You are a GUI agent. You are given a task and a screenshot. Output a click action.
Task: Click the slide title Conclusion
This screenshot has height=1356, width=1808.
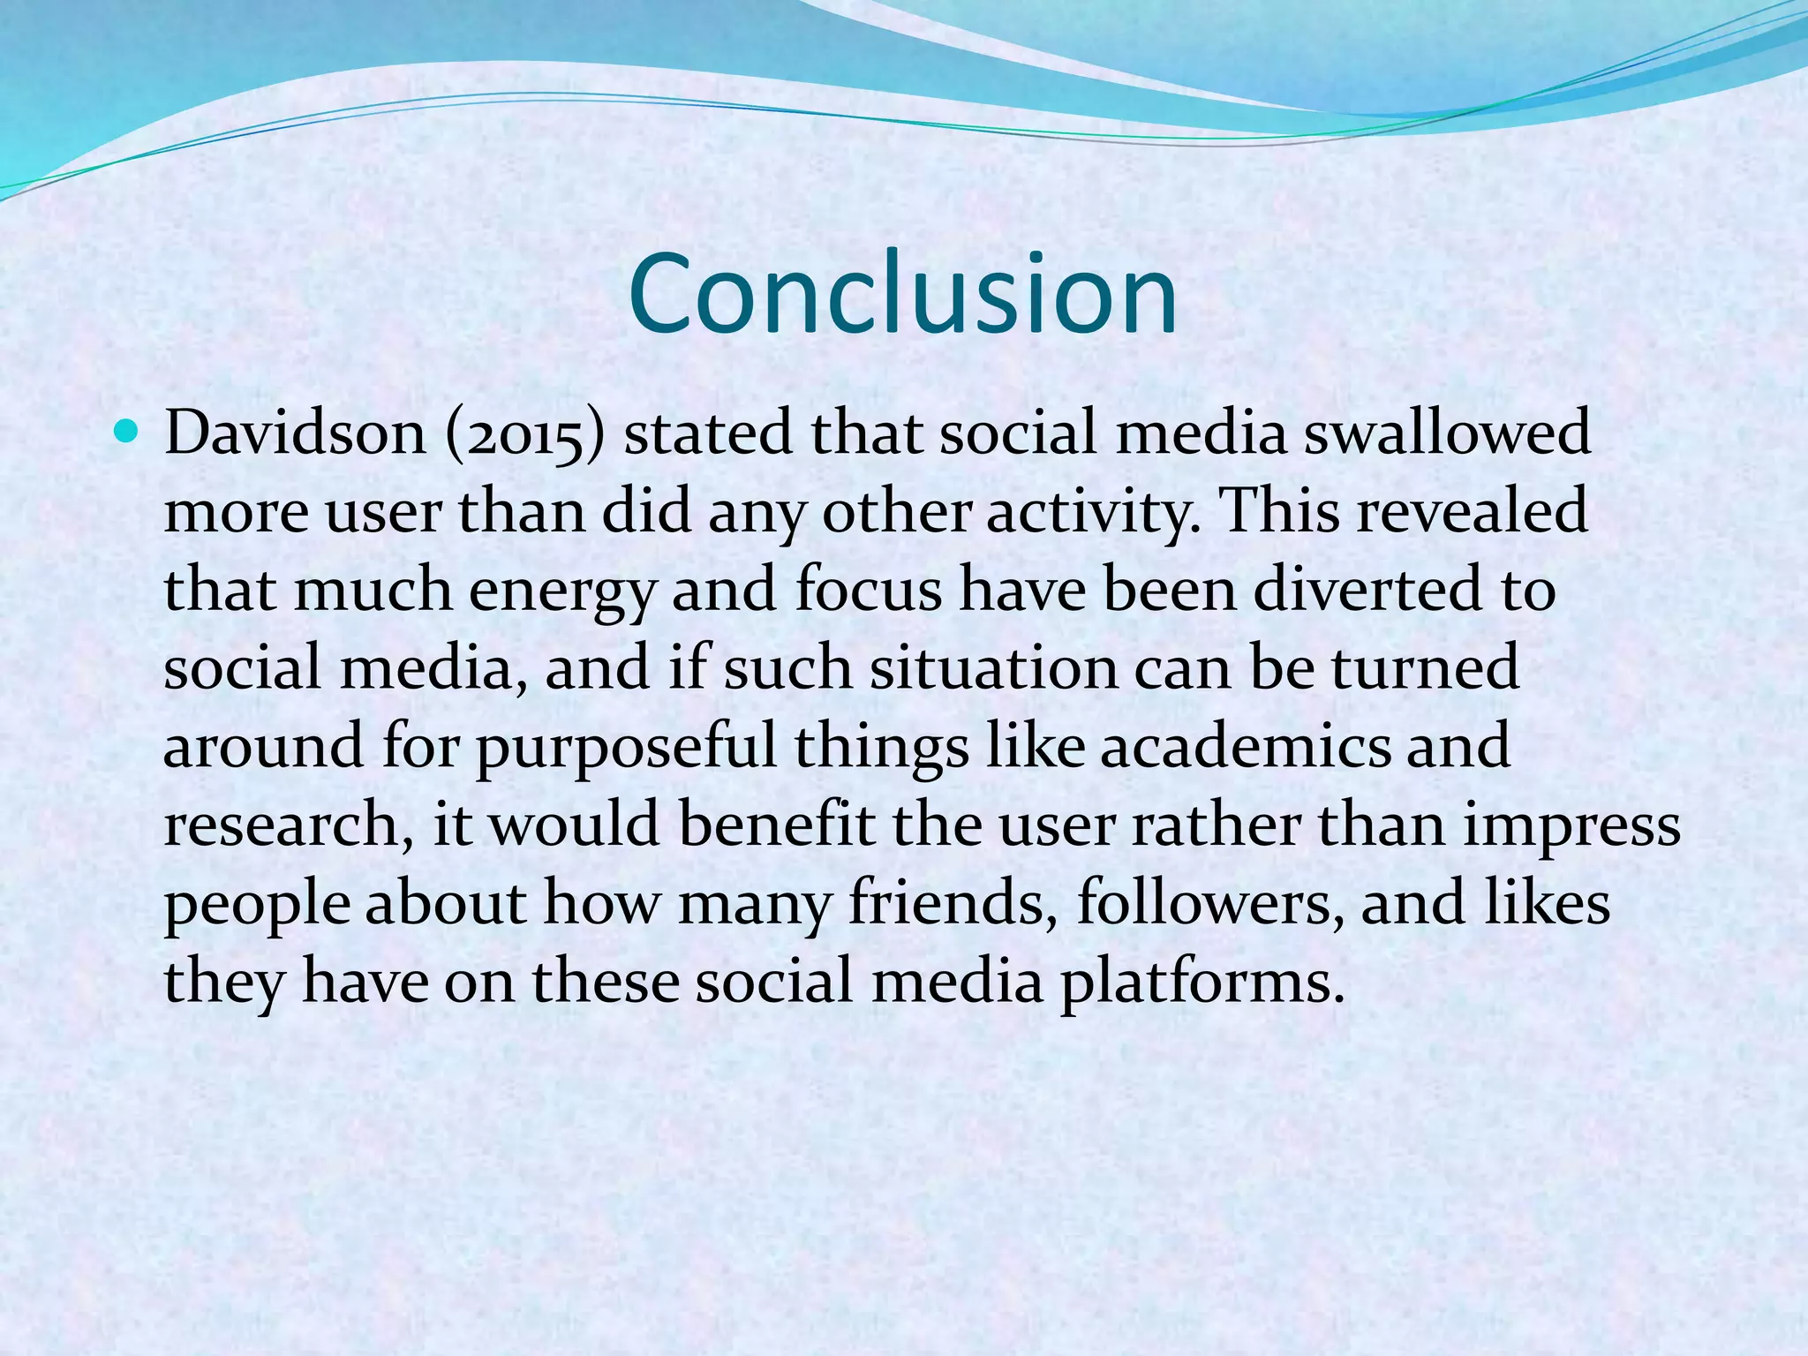pyautogui.click(x=902, y=294)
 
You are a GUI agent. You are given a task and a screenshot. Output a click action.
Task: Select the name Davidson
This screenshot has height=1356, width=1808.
pyautogui.click(x=295, y=433)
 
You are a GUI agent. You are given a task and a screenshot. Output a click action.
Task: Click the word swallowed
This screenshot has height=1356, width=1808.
pyautogui.click(x=1448, y=433)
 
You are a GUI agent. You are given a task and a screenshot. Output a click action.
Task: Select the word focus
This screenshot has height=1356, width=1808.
pyautogui.click(x=869, y=590)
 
